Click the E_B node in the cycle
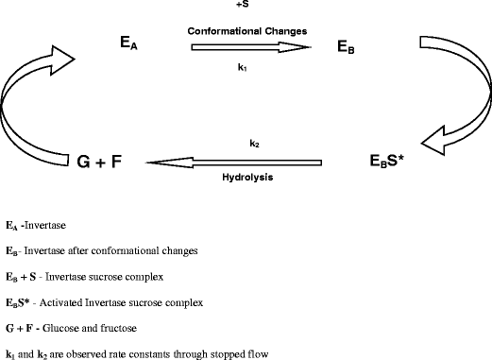(348, 45)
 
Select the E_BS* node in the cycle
(387, 162)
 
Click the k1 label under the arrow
(243, 68)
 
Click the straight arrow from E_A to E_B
(250, 46)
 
